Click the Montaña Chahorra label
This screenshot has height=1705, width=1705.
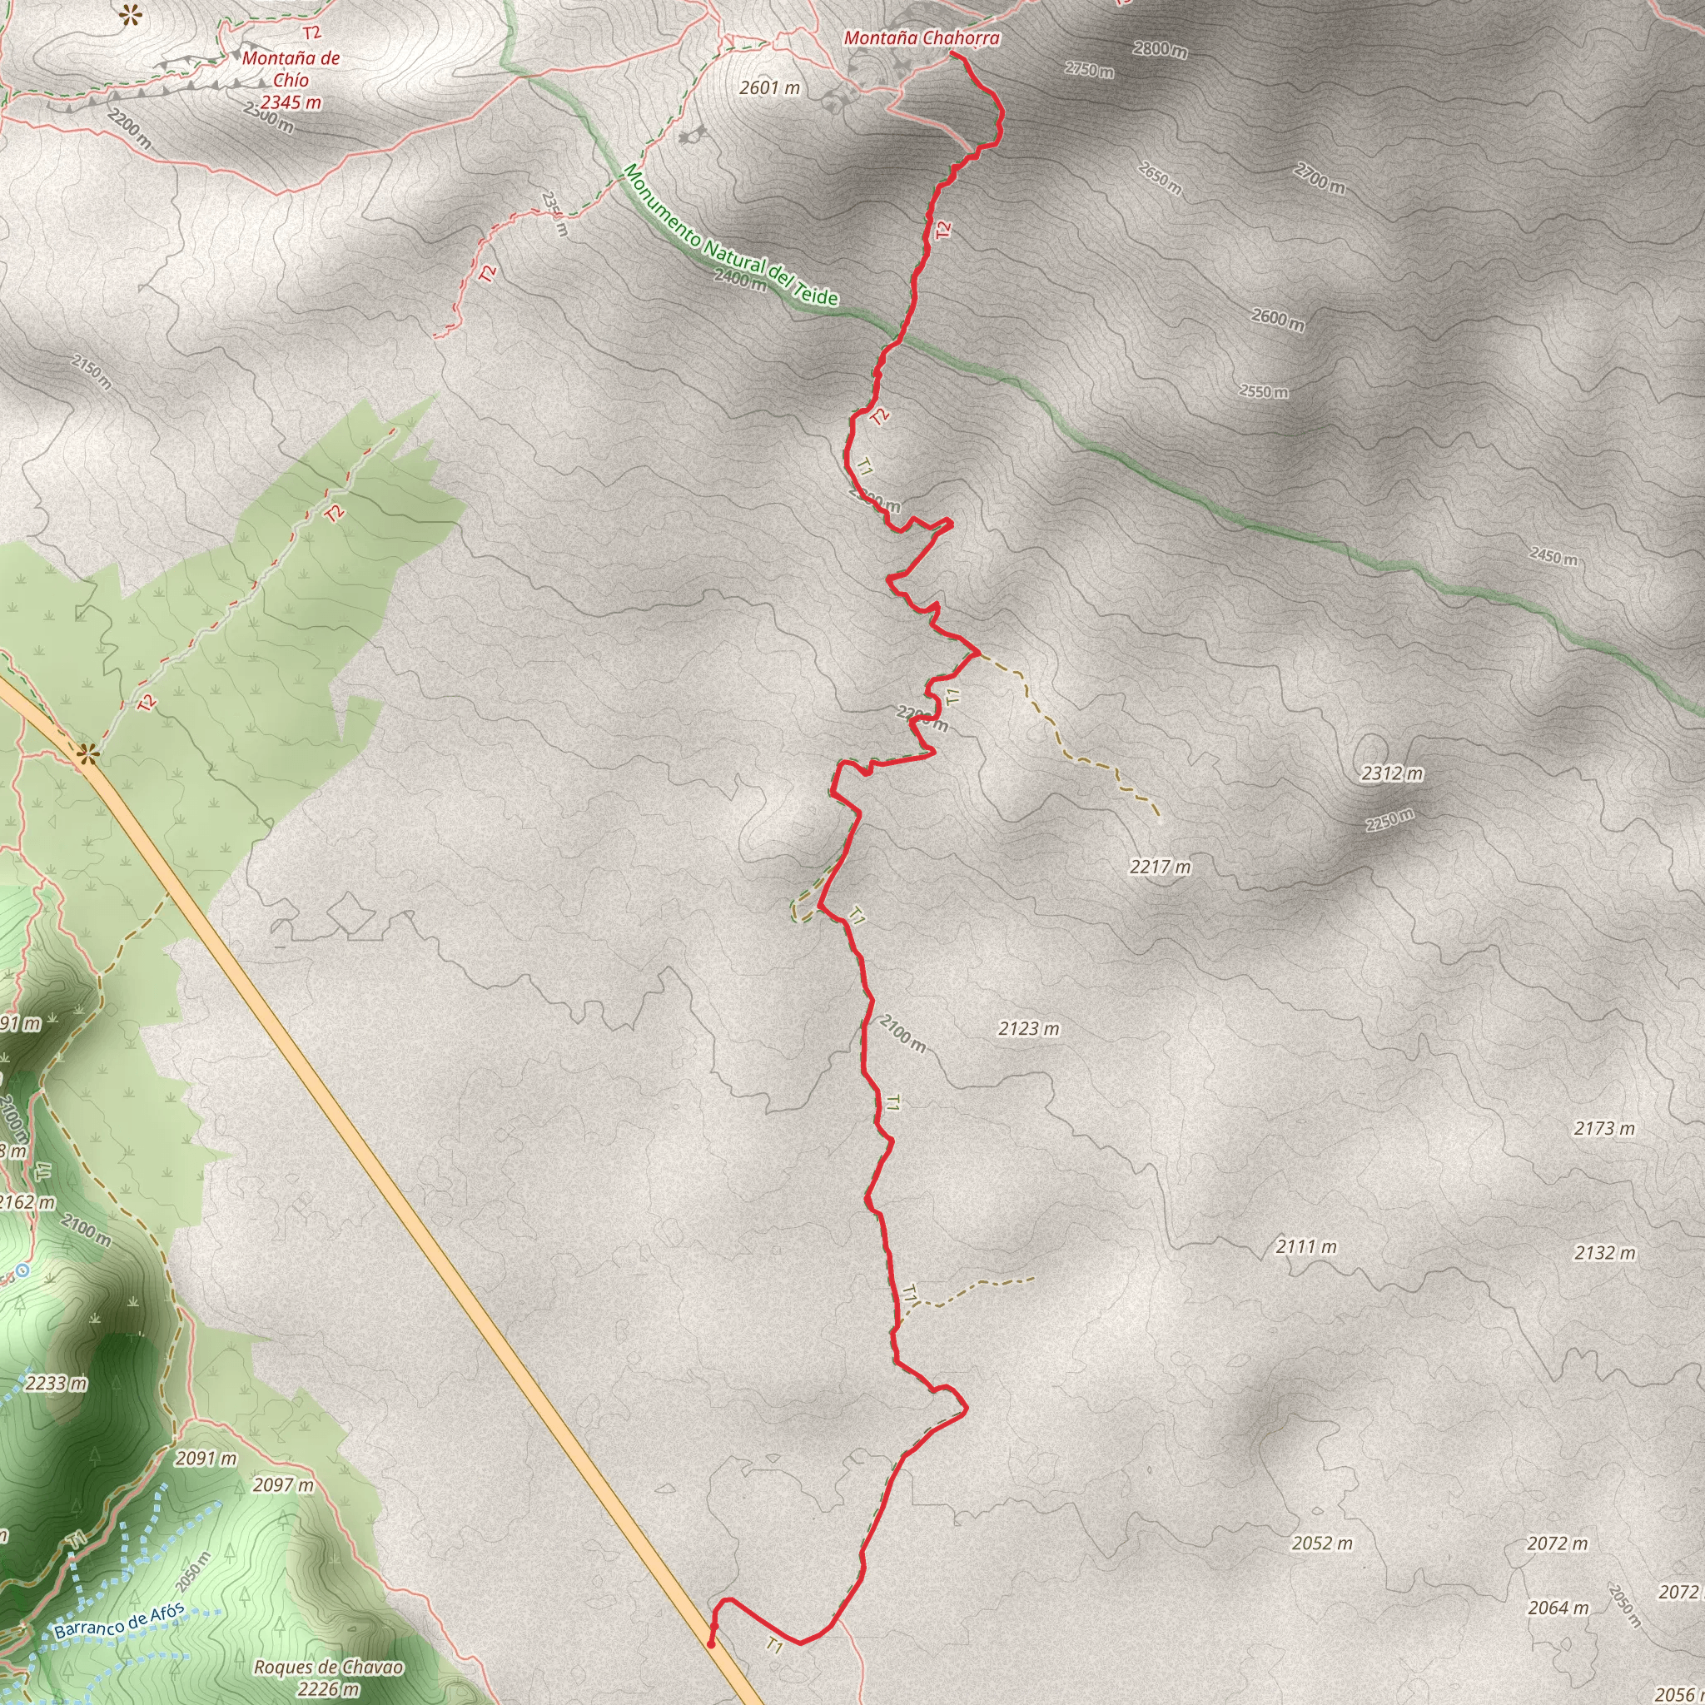pos(922,38)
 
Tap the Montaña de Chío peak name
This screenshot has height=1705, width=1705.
pos(291,69)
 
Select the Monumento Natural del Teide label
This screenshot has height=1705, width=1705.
pos(730,236)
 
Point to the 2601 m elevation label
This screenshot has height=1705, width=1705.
pos(769,87)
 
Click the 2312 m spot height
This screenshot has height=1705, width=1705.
pos(1392,773)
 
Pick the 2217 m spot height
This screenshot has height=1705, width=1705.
pos(1160,867)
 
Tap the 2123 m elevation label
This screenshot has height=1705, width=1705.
pos(1029,1028)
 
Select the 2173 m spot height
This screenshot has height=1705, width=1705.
pos(1604,1128)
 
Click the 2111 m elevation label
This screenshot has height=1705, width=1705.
pos(1306,1246)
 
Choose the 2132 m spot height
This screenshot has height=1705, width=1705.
pos(1604,1252)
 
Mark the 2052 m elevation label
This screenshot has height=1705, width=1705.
pos(1322,1543)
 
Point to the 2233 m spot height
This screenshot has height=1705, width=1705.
pos(57,1383)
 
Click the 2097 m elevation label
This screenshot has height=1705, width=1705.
pos(283,1484)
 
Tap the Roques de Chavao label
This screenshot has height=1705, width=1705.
pos(328,1667)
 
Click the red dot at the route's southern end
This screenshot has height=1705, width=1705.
pos(711,1644)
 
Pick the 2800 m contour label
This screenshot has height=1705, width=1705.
pos(1160,49)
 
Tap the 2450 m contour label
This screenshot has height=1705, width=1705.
pos(1553,557)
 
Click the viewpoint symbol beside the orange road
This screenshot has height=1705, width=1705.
pos(87,753)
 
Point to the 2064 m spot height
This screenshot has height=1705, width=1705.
pos(1558,1608)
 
